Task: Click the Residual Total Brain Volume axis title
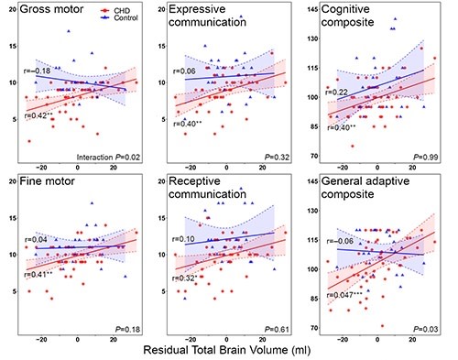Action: coord(228,351)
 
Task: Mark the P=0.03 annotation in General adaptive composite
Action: coord(426,328)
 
